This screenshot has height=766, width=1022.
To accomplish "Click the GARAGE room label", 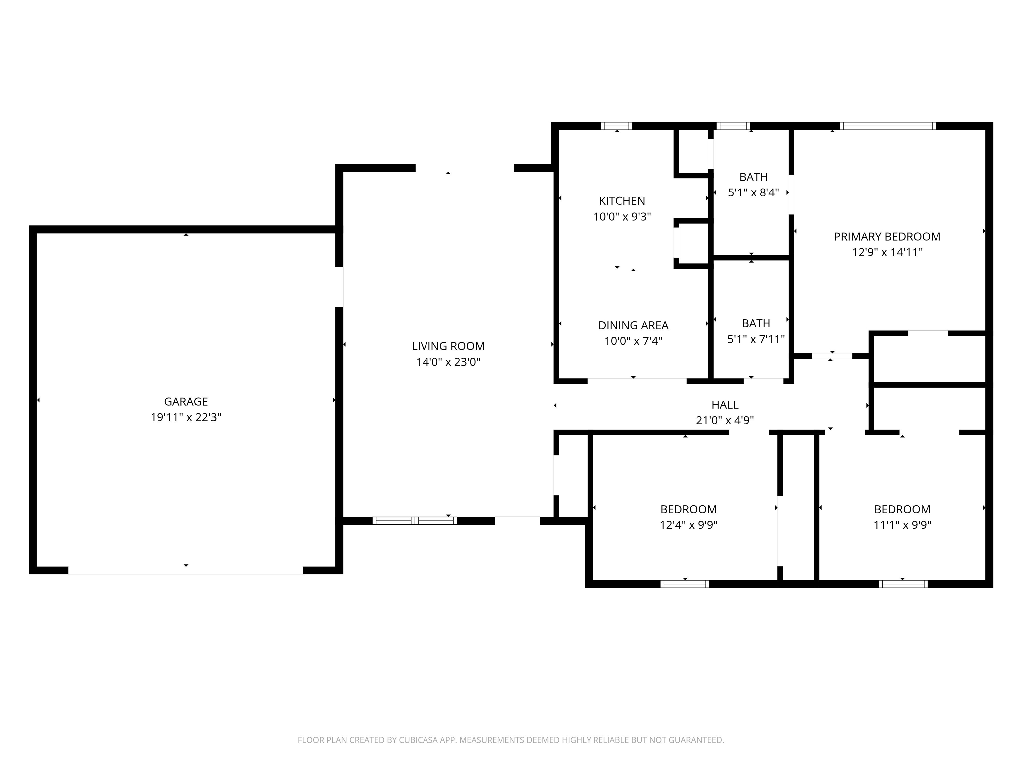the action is click(186, 402).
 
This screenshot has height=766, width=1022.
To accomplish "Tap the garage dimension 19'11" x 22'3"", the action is click(186, 417).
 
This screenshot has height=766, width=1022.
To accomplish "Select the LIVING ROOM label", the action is click(448, 346).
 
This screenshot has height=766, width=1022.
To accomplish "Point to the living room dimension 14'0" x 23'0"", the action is click(448, 362).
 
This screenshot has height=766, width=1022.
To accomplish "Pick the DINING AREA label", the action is click(633, 325).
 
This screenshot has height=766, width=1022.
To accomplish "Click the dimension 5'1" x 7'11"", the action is click(756, 339).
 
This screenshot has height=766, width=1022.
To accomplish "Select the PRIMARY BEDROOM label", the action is click(887, 237).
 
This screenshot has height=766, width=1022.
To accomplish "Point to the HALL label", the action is click(725, 405).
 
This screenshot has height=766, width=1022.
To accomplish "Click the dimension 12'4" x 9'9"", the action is click(688, 525).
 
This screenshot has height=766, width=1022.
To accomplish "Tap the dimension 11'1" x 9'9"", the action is click(902, 525).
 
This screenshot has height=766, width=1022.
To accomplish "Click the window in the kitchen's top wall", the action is click(616, 126).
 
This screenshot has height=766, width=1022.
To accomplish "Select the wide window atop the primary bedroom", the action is click(888, 126).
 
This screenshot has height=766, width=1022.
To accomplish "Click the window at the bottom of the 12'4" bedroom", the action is click(685, 584).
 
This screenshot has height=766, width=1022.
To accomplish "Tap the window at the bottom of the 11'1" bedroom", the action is click(903, 584).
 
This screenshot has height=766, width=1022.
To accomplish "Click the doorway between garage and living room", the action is click(339, 286).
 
